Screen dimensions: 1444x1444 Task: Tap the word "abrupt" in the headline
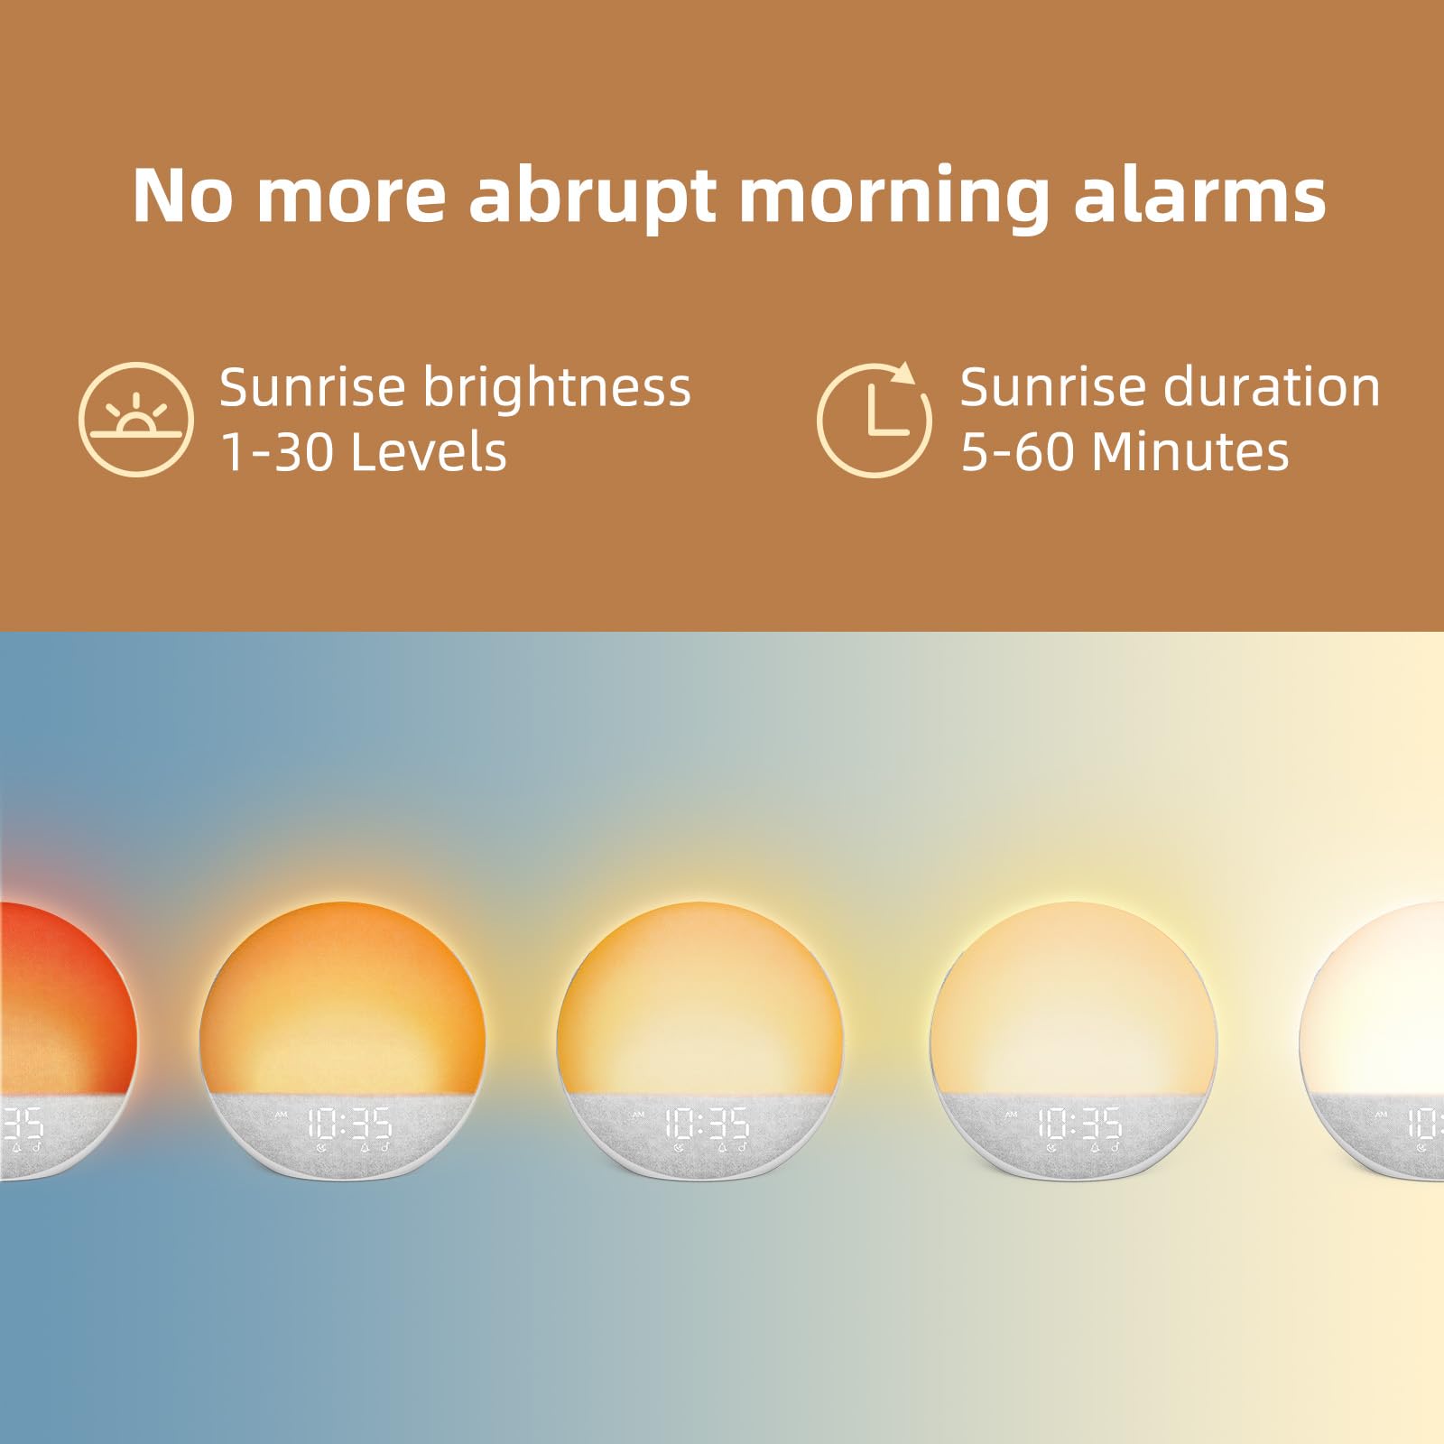pos(592,197)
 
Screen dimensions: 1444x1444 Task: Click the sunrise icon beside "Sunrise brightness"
pos(136,420)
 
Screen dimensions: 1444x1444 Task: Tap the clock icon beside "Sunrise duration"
pos(874,420)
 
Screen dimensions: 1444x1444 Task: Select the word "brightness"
pos(557,388)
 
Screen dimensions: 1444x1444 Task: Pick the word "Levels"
pos(429,451)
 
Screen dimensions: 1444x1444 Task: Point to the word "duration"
pos(1272,388)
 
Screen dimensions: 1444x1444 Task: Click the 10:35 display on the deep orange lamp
pos(349,1125)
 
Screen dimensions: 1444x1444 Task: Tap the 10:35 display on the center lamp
pos(707,1125)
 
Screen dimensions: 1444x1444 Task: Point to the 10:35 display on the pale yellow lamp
pos(1078,1125)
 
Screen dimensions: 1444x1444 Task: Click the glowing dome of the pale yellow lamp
pos(1074,993)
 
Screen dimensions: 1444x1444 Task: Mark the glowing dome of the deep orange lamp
pos(343,993)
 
